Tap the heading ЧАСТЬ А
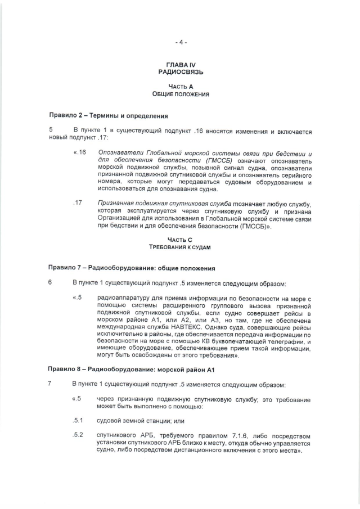tap(180, 87)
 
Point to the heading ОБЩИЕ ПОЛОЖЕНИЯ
tap(180, 94)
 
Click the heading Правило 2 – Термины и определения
tap(108, 116)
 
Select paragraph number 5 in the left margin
tap(51, 131)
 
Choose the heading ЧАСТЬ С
tap(180, 240)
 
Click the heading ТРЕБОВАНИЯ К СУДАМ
tap(180, 247)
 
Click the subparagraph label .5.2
tap(78, 435)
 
